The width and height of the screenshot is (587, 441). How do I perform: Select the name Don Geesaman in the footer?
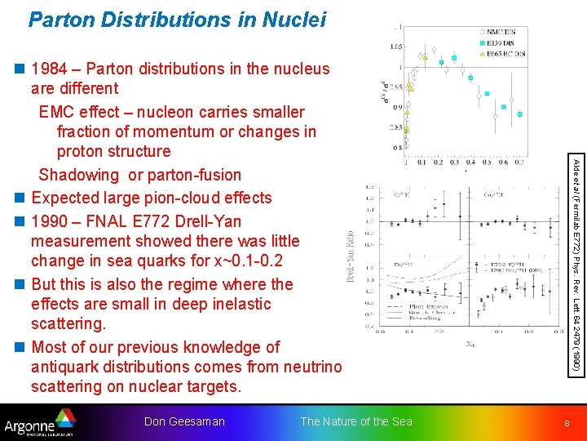pos(184,421)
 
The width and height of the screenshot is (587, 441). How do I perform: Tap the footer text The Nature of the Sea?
pos(356,421)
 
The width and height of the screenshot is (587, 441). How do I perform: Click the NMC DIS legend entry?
pos(505,33)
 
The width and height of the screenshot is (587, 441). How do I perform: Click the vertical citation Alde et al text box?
pos(576,265)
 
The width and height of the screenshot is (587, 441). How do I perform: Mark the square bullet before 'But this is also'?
pos(20,285)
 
